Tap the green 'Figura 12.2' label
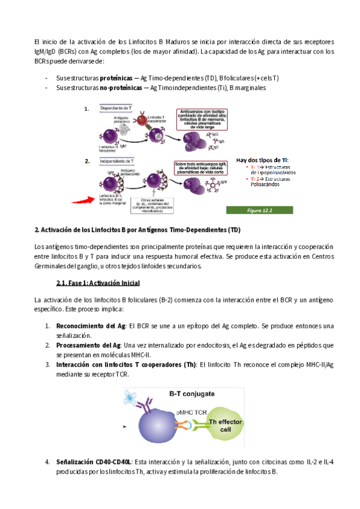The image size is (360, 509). pyautogui.click(x=259, y=211)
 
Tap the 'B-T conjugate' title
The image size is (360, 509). pyautogui.click(x=192, y=394)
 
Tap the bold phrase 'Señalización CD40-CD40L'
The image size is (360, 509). pyautogui.click(x=94, y=462)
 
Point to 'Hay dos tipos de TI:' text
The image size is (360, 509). pyautogui.click(x=262, y=160)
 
